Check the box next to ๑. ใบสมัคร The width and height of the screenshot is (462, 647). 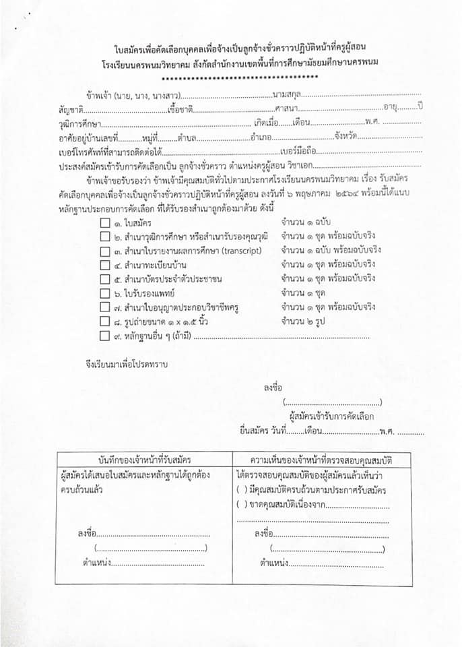tap(104, 222)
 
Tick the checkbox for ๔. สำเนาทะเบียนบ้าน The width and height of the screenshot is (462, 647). tap(104, 264)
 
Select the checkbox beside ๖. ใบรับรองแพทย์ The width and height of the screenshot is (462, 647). tap(104, 293)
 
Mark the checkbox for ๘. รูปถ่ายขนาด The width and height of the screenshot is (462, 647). tap(104, 321)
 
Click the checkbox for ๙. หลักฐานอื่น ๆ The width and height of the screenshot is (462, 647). tap(104, 336)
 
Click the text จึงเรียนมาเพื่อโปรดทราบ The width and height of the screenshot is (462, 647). tap(122, 365)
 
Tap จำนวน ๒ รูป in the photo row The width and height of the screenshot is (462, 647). tap(303, 321)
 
